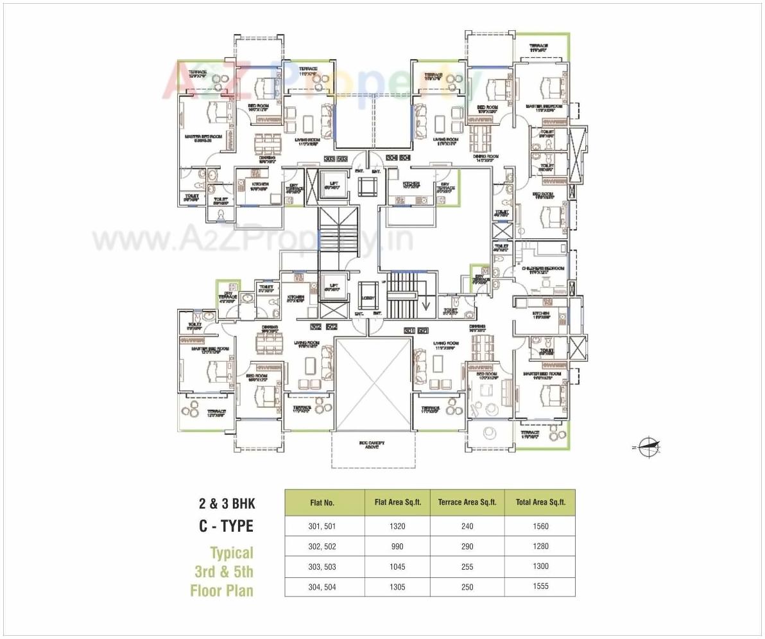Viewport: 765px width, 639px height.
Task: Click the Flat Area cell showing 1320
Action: (x=397, y=527)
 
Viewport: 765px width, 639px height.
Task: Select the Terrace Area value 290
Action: (x=467, y=547)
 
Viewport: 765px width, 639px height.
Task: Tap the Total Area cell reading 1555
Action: (x=540, y=586)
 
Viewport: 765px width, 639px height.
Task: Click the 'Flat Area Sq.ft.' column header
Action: (x=397, y=503)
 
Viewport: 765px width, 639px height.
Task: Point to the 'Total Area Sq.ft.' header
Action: (x=540, y=503)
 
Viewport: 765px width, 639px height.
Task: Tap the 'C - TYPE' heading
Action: (x=225, y=527)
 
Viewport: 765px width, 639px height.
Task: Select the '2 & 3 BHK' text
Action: (x=226, y=504)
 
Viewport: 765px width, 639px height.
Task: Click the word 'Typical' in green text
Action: (x=232, y=552)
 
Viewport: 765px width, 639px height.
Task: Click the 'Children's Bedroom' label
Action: (x=543, y=268)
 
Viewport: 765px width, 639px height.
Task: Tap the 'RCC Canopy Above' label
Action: (x=372, y=444)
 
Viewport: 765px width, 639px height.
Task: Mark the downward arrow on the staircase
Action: (x=425, y=296)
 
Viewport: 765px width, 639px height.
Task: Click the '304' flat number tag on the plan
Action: (x=391, y=157)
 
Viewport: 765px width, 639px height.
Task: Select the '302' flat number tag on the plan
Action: (x=316, y=327)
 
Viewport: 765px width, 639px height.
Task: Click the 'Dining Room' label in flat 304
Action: (x=486, y=156)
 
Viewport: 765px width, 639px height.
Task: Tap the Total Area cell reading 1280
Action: (x=540, y=547)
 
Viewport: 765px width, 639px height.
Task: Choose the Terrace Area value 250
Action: (x=467, y=586)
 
